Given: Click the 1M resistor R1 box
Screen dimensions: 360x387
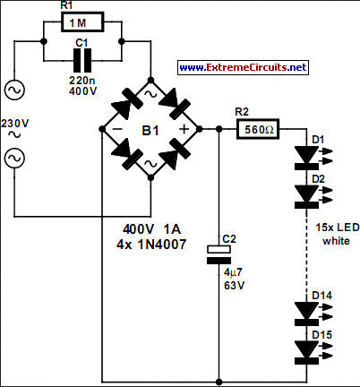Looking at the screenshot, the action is click(x=82, y=22).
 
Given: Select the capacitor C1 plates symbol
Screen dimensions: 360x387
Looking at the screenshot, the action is click(x=82, y=60).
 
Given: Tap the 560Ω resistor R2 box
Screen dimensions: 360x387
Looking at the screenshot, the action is click(x=258, y=129).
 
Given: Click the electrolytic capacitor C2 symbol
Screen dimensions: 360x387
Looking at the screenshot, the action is click(x=219, y=254).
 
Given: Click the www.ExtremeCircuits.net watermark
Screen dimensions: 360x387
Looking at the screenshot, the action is click(x=243, y=67).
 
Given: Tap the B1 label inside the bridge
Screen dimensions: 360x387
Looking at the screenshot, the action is click(x=150, y=131).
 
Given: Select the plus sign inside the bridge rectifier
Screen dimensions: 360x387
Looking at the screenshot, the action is click(x=184, y=129).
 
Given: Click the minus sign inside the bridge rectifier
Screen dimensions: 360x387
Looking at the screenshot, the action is click(x=117, y=129).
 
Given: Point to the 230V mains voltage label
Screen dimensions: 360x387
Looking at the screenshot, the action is click(x=14, y=124).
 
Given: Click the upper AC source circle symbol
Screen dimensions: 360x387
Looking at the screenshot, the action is click(x=14, y=90).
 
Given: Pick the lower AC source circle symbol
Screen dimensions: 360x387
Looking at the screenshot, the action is click(x=14, y=158).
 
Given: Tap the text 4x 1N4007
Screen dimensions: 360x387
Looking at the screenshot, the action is click(x=151, y=245).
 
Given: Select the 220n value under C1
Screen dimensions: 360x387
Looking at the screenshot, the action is click(x=82, y=81).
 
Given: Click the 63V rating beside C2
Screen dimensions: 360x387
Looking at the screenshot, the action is click(x=234, y=286).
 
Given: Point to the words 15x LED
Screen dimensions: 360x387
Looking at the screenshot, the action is click(x=338, y=228).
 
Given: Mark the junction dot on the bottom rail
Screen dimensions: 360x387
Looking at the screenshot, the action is click(x=219, y=382).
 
